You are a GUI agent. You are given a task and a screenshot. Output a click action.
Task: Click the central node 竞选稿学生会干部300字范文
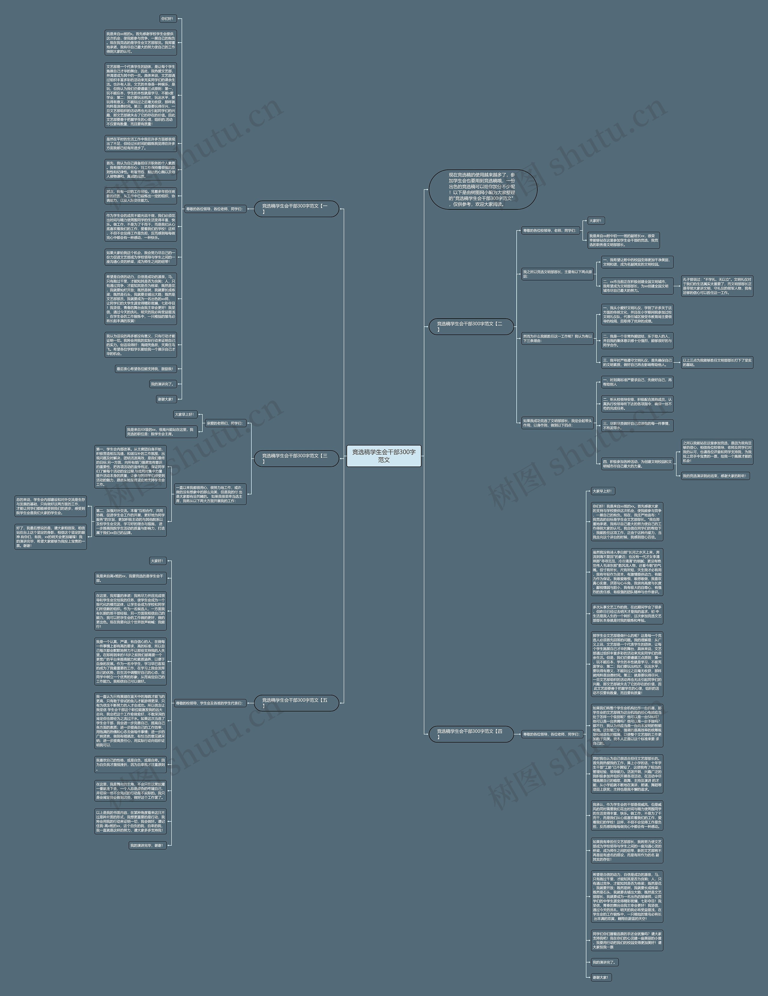pyautogui.click(x=383, y=456)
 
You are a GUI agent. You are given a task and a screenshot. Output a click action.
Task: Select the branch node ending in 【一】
pyautogui.click(x=296, y=209)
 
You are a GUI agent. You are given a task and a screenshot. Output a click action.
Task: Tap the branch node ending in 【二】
pyautogui.click(x=471, y=326)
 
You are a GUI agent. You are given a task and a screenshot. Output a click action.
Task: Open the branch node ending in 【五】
pyautogui.click(x=296, y=703)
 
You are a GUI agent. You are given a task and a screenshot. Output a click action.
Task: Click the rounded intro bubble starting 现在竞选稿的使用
pyautogui.click(x=482, y=190)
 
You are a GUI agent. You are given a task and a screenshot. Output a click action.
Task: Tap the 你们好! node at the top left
pyautogui.click(x=167, y=19)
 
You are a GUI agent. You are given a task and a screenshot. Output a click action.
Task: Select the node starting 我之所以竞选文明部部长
pyautogui.click(x=557, y=274)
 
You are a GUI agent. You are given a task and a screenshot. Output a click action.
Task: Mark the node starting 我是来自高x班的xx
pyautogui.click(x=130, y=578)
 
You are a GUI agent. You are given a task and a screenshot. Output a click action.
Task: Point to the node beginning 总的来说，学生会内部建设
pyautogui.click(x=50, y=506)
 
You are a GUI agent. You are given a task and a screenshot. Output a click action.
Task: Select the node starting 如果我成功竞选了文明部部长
pyautogui.click(x=557, y=423)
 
